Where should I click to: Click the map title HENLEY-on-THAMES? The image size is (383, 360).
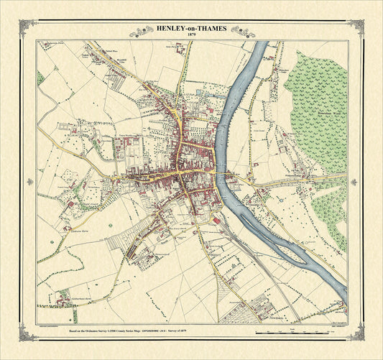click(x=190, y=29)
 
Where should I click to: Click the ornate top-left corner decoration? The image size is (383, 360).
click(x=29, y=28)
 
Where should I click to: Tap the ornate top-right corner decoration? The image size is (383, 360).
click(x=354, y=28)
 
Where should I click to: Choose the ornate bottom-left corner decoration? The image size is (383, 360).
click(x=29, y=333)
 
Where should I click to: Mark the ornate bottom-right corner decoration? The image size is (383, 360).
click(x=354, y=333)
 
